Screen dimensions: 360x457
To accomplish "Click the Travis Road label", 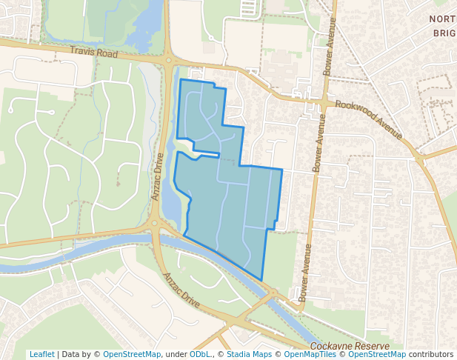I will pos(95,53).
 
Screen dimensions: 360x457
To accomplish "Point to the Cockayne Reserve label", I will pos(350,346).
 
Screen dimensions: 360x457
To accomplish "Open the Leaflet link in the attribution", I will pos(41,354).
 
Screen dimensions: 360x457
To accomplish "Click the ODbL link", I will pos(199,354).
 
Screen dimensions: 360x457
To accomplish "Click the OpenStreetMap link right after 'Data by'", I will pos(132,354).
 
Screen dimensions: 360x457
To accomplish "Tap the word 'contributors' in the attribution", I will pos(431,354).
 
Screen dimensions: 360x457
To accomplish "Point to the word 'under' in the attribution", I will pos(176,354).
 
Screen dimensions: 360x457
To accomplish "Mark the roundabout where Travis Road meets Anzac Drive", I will pos(170,61).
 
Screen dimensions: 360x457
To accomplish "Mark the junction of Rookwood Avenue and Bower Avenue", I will pos(325,99).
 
